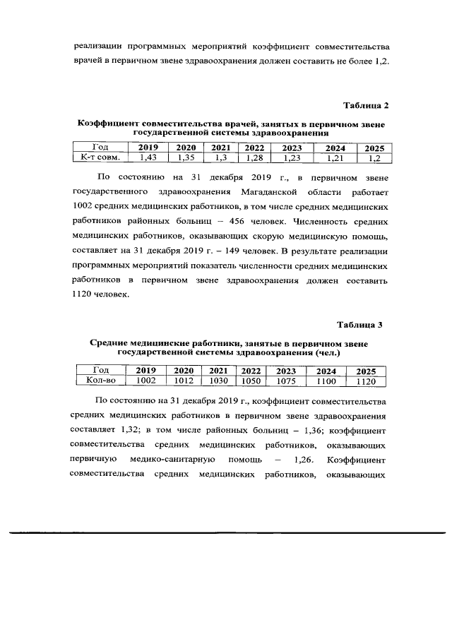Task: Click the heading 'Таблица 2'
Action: [x=366, y=105]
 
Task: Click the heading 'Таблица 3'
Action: [x=359, y=325]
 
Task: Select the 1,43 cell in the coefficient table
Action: [x=148, y=157]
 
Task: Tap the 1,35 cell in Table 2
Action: [x=186, y=157]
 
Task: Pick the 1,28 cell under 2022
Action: [x=254, y=157]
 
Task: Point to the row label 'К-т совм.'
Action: [x=101, y=157]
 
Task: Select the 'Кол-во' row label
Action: [x=100, y=381]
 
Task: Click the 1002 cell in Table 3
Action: [x=145, y=381]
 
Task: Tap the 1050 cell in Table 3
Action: [x=251, y=381]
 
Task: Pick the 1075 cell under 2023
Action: [x=286, y=381]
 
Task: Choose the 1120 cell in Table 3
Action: [x=366, y=381]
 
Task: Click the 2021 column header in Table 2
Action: [x=220, y=148]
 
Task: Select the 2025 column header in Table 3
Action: [x=366, y=371]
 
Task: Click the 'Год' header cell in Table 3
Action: [x=100, y=371]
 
